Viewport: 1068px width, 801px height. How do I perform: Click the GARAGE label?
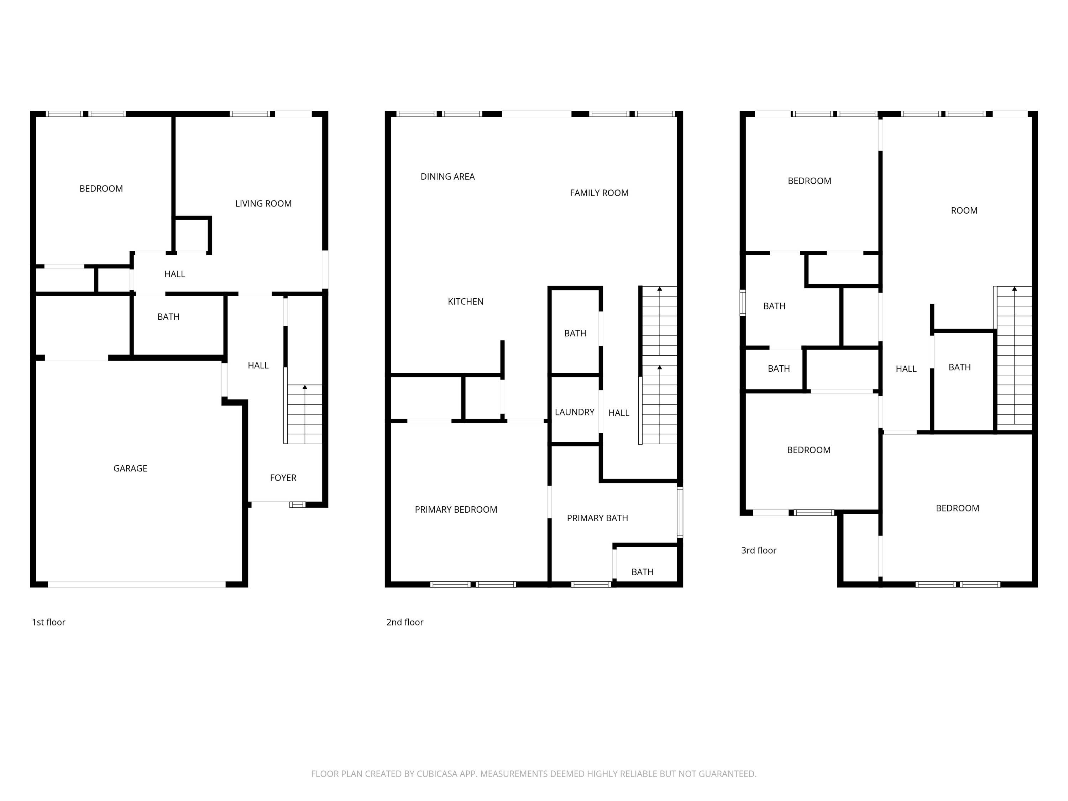coord(130,468)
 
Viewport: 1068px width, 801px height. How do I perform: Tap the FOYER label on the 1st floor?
coord(283,477)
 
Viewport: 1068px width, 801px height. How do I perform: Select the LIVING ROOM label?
coord(263,204)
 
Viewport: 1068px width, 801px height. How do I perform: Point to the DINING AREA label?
coord(447,177)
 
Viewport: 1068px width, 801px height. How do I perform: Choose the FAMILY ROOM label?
coord(599,193)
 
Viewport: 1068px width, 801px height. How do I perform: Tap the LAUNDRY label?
coord(574,412)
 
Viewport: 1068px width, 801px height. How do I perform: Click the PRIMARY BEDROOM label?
coord(455,509)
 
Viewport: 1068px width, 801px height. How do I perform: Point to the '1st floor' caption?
coord(48,622)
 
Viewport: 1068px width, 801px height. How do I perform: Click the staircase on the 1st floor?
coord(305,414)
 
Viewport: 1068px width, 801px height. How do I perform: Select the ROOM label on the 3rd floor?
coord(964,210)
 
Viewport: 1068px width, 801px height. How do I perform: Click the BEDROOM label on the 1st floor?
coord(101,189)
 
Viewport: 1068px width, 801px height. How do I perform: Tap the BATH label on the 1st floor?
coord(168,317)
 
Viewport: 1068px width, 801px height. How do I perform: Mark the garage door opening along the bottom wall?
coord(137,584)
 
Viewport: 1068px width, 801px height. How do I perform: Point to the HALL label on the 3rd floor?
coord(906,369)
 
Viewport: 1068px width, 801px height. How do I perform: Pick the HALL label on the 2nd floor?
coord(618,413)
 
